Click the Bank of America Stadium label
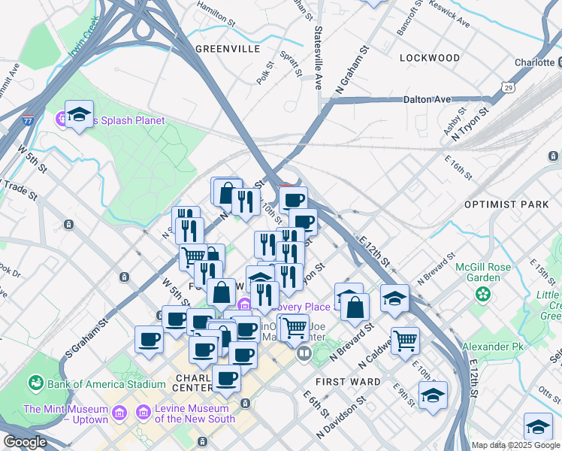pos(106,384)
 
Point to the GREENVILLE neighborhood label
pos(228,49)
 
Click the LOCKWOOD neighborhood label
pos(430,58)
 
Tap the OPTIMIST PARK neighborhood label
pos(507,204)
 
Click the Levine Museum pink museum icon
pos(143,412)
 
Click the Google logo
pos(25,442)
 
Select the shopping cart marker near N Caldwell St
pos(405,340)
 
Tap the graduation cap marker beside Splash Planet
pos(79,114)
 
